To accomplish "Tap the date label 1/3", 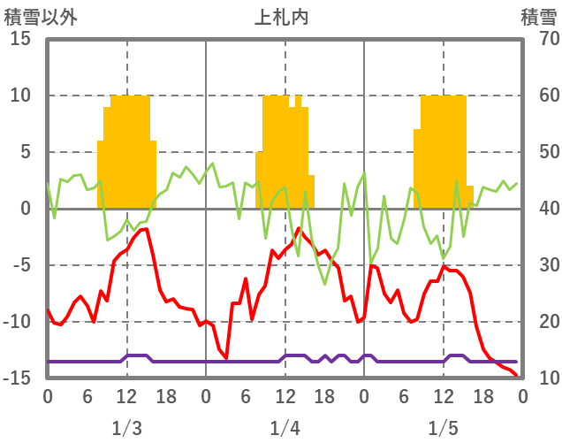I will (126, 429).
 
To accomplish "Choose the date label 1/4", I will (285, 429).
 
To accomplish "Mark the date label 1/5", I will (444, 429).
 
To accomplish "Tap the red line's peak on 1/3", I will (145, 229).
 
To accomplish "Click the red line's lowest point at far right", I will (517, 376).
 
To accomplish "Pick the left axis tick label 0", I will (24, 209).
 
